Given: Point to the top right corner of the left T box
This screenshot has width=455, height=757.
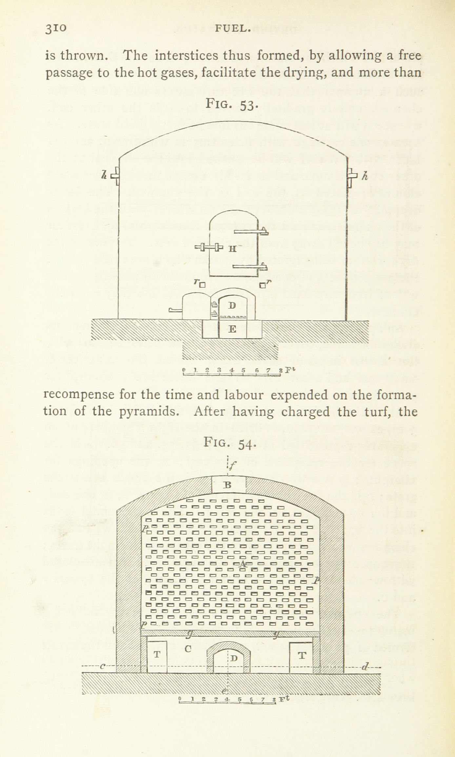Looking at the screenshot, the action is click(167, 641).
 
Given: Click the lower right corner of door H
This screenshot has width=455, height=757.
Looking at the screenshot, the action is click(259, 277).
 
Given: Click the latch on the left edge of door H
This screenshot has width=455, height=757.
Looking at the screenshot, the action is click(208, 248).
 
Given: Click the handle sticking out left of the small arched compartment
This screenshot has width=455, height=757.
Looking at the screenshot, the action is click(176, 310).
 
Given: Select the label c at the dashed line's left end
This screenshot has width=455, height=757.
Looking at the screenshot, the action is click(102, 666).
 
